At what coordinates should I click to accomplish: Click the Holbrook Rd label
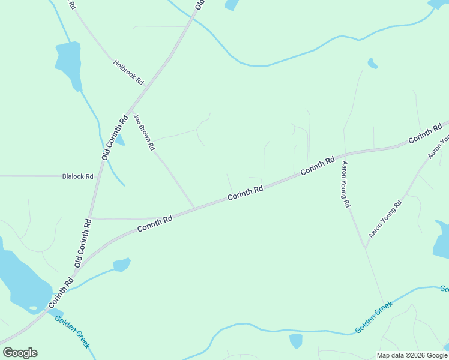pos(128,71)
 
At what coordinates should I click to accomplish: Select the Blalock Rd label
pos(78,176)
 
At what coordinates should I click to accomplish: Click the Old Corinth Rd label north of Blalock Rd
pos(115,137)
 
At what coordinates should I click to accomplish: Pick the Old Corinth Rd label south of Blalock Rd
pos(83,243)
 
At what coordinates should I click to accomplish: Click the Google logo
pos(20,353)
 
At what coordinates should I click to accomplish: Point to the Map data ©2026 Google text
pos(412,355)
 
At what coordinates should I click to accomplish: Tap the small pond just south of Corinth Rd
pos(122,264)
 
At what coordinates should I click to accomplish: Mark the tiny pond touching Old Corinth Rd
pos(120,140)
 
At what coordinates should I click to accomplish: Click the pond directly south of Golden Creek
pos(296,341)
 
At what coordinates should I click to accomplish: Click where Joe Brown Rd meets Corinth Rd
pos(193,208)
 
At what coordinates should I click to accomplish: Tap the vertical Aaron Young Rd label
pos(346,184)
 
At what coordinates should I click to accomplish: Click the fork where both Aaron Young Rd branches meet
pos(365,247)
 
